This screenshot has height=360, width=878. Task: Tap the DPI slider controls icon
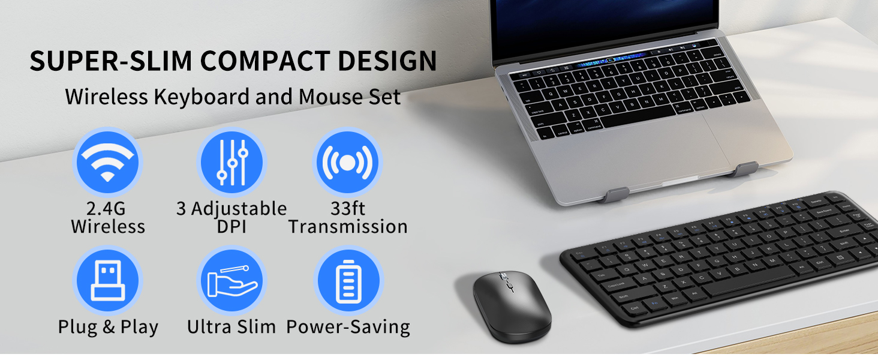pyautogui.click(x=231, y=161)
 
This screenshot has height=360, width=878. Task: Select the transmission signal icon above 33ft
pyautogui.click(x=348, y=161)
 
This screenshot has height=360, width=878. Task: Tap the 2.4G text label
pyautogui.click(x=108, y=209)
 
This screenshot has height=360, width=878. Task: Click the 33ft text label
pyautogui.click(x=348, y=209)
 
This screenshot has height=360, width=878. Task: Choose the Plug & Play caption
pyautogui.click(x=108, y=327)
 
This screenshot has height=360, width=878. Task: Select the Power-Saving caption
pyautogui.click(x=348, y=327)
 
